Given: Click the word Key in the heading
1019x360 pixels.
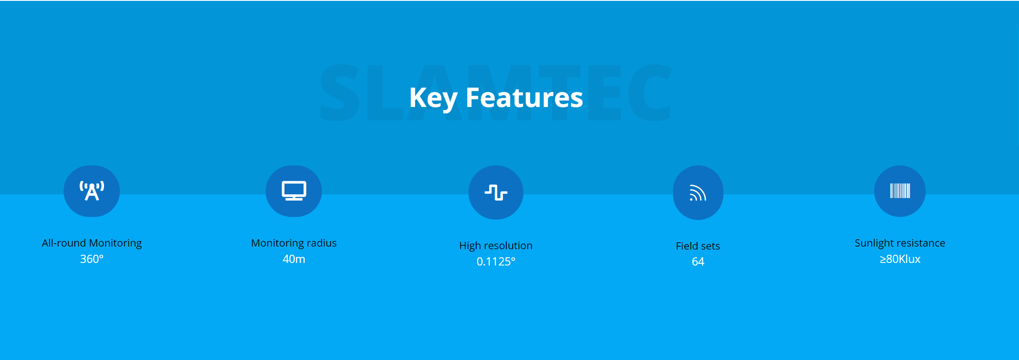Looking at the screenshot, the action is point(433,98).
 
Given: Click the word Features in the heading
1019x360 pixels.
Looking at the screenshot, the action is point(524,98).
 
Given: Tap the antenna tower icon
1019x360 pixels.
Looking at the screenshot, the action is point(92,191).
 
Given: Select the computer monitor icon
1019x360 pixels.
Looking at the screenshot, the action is point(294,191).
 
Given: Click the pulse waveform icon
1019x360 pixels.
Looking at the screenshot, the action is point(496,192).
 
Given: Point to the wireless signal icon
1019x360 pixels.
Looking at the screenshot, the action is point(698,192).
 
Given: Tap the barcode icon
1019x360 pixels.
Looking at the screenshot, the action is point(900,191).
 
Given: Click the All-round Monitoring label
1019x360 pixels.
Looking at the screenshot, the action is point(92,243).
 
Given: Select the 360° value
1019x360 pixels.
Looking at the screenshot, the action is point(92,259).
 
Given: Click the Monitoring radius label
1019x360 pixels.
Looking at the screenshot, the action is point(294,243).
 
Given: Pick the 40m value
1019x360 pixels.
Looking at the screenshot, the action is point(294,259).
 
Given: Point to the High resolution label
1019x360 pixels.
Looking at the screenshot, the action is point(496,246).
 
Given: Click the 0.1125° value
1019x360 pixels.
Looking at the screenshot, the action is point(496,262).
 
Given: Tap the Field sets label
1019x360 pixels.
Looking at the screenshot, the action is point(698,246).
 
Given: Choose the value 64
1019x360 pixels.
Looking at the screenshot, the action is point(698,262).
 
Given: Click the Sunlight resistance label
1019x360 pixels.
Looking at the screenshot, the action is point(900,243).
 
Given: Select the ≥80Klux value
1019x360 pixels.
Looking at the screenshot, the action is point(900,259).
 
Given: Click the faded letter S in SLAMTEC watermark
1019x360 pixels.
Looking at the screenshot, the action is point(340,92).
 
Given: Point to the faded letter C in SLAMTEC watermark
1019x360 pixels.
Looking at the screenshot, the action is point(649,92).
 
